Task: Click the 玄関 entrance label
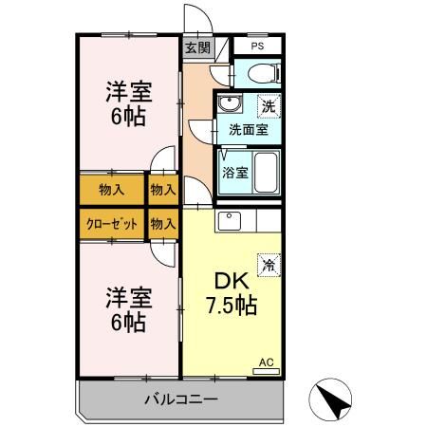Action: click(196, 47)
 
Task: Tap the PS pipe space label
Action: click(257, 46)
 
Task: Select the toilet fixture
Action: click(264, 73)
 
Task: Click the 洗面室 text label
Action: click(248, 130)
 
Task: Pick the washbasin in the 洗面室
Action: click(228, 104)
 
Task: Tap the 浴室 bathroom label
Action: click(235, 173)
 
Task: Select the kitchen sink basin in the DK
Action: click(231, 221)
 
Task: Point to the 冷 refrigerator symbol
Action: click(269, 266)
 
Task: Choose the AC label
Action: click(266, 362)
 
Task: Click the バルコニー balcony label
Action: click(181, 399)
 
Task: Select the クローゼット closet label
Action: click(111, 225)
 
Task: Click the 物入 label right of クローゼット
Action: click(163, 225)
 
